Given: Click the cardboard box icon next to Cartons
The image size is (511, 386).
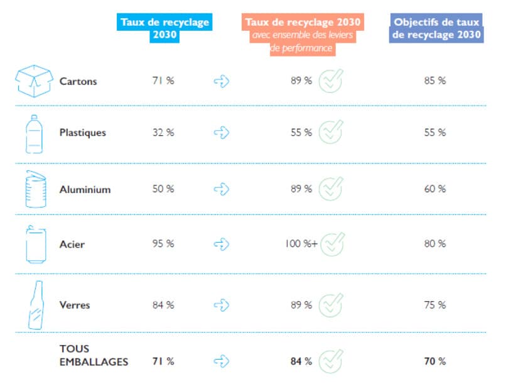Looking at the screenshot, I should click(33, 80).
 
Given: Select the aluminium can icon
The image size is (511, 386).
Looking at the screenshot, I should click(35, 189).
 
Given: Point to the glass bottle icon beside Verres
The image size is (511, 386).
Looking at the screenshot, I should click(35, 305).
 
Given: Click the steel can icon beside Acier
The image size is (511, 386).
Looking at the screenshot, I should click(35, 244).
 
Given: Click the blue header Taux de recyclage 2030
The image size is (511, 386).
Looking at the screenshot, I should click(164, 29).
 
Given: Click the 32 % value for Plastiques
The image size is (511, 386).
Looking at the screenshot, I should click(163, 133).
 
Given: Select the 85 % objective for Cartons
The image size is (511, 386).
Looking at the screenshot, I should click(434, 80).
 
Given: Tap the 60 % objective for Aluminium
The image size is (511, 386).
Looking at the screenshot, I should click(434, 189).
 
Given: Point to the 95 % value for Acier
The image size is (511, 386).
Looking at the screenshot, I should click(163, 244).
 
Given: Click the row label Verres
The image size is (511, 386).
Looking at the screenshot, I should click(75, 305).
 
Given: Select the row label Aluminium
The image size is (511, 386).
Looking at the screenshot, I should click(85, 189).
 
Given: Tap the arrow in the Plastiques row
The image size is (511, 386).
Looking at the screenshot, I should click(222, 133).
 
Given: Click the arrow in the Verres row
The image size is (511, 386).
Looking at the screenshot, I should click(222, 305).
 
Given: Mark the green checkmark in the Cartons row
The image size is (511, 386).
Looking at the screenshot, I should click(331, 80).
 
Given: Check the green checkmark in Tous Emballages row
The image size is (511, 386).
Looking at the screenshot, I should click(331, 361).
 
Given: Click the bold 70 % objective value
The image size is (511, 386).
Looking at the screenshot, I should click(434, 361).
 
